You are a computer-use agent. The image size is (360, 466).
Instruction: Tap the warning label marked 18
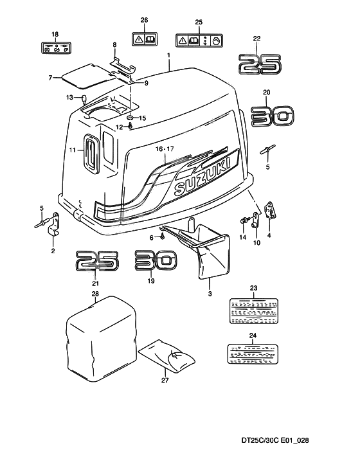(x=55, y=47)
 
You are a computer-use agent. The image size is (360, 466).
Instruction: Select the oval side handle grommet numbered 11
(x=91, y=152)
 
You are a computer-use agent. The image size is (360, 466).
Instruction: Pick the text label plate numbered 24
(x=253, y=351)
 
